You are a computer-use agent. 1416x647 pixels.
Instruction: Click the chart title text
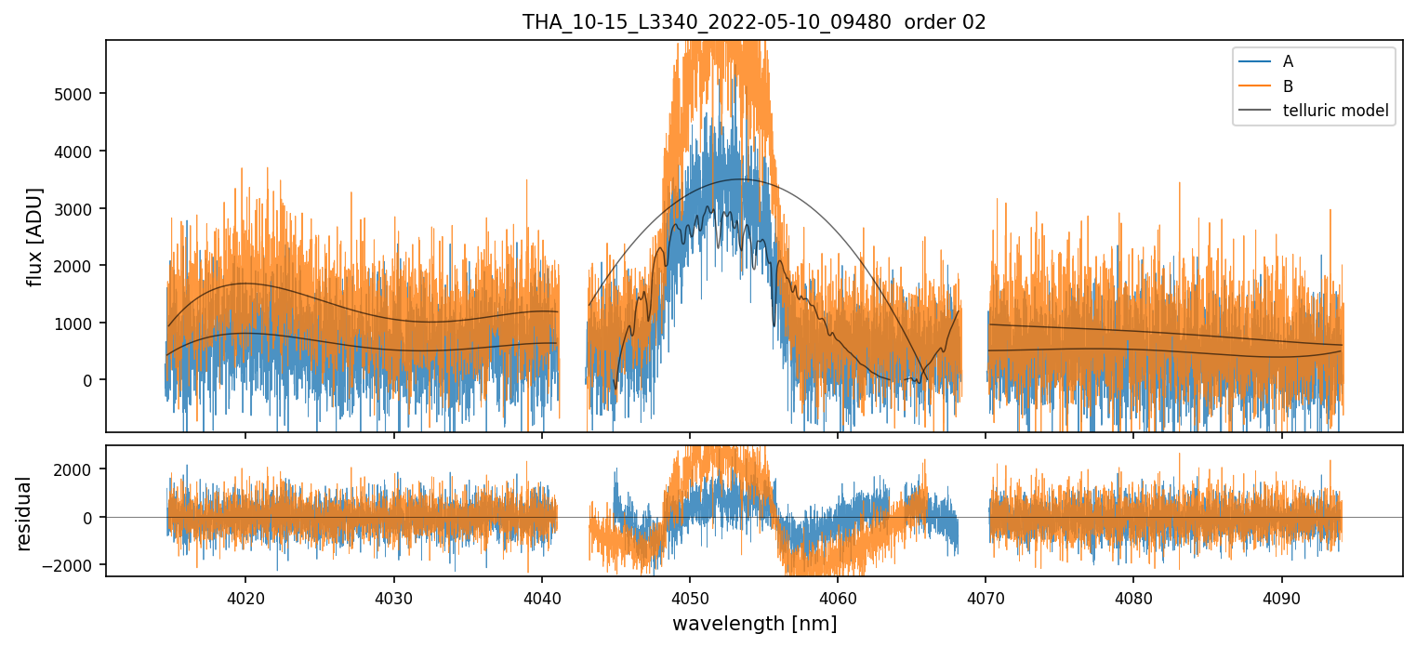pyautogui.click(x=754, y=22)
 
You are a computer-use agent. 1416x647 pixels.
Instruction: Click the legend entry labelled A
pyautogui.click(x=1288, y=61)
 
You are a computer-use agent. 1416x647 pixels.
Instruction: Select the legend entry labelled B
pyautogui.click(x=1288, y=86)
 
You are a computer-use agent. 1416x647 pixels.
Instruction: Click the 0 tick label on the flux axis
pyautogui.click(x=89, y=380)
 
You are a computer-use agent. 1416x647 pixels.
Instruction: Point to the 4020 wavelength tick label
pyautogui.click(x=245, y=597)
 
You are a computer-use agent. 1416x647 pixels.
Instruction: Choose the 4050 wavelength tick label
pyautogui.click(x=689, y=597)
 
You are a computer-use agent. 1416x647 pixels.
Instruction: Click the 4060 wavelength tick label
pyautogui.click(x=838, y=597)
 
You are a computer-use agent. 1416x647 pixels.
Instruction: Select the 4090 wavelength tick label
pyautogui.click(x=1282, y=597)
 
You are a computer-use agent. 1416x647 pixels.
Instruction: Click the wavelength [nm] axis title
pyautogui.click(x=754, y=624)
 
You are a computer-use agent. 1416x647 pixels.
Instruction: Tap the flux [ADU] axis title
pyautogui.click(x=35, y=236)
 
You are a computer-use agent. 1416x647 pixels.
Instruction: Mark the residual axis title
pyautogui.click(x=24, y=513)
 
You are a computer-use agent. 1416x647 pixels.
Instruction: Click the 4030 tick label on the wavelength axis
pyautogui.click(x=393, y=597)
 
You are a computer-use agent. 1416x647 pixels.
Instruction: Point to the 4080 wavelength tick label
pyautogui.click(x=1133, y=597)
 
